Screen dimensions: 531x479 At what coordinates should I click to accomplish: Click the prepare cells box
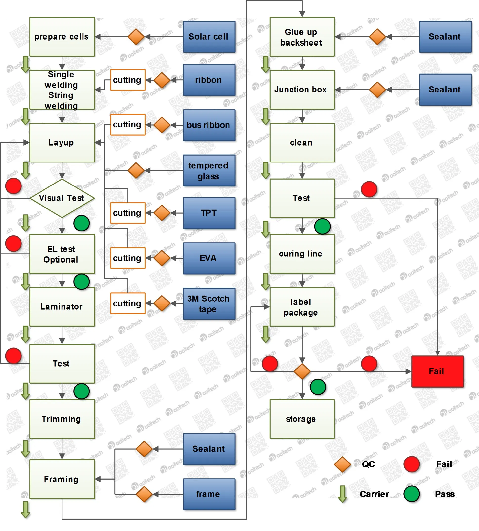[62, 37]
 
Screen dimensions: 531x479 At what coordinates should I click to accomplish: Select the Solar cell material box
[209, 37]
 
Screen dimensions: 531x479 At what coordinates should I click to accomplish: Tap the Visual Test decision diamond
[62, 198]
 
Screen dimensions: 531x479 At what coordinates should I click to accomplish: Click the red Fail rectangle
[437, 371]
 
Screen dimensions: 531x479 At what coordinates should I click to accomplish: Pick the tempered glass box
[209, 171]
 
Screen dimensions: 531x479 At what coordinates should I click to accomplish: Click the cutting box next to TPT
[127, 213]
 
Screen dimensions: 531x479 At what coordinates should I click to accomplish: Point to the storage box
[302, 419]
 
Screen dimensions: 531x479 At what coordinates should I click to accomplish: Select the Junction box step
[302, 90]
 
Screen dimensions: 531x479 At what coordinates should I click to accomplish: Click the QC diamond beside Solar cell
[136, 37]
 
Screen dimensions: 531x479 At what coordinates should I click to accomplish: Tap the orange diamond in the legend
[342, 464]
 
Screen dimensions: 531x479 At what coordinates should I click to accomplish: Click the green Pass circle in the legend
[411, 494]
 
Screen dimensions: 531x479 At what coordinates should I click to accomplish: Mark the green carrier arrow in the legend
[342, 494]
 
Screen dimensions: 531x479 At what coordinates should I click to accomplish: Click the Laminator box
[62, 307]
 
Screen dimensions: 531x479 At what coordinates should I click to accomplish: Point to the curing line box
[302, 254]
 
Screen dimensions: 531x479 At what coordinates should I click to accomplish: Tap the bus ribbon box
[209, 125]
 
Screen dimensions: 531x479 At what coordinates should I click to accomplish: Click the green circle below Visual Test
[82, 223]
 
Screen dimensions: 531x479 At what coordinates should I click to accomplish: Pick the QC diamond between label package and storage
[302, 371]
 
